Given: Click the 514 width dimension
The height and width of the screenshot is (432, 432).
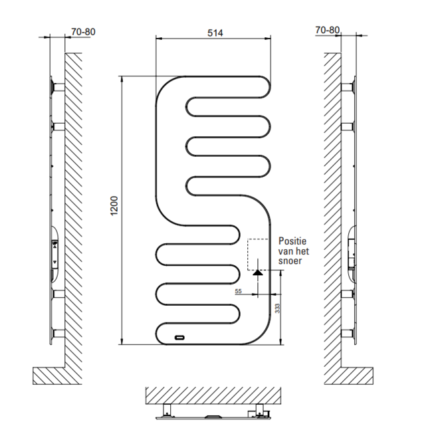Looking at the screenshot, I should pyautogui.click(x=215, y=33).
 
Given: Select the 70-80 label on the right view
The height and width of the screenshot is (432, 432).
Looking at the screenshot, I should pyautogui.click(x=327, y=30).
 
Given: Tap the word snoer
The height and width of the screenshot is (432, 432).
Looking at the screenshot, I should pyautogui.click(x=291, y=262).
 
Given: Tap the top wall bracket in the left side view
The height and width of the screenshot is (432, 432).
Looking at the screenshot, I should pyautogui.click(x=55, y=87).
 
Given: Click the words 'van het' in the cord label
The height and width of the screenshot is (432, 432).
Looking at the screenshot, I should pyautogui.click(x=294, y=252).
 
